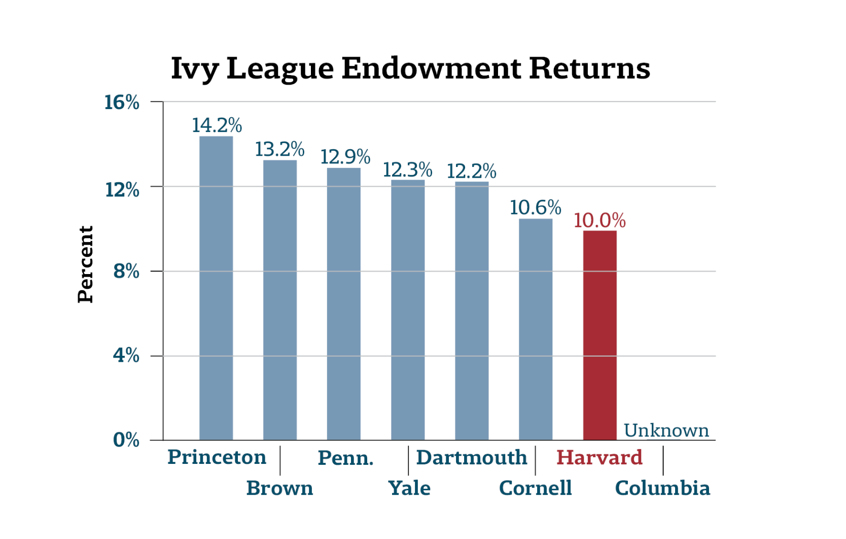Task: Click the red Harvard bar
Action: point(600,335)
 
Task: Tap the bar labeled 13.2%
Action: point(280,299)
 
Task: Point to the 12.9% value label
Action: point(345,157)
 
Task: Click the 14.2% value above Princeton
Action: point(217,125)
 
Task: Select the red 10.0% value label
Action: point(600,221)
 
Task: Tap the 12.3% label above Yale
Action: point(407,170)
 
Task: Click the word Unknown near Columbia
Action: point(666,430)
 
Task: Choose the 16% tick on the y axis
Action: point(122,103)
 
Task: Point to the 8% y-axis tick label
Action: point(126,272)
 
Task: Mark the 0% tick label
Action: point(126,440)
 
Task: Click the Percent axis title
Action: point(85,264)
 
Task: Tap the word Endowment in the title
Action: point(431,68)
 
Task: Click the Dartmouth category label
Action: point(472,458)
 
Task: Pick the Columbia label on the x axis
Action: point(662,488)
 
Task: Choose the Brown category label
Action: point(279,488)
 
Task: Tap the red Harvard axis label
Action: point(600,458)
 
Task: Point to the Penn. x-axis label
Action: point(345,458)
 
